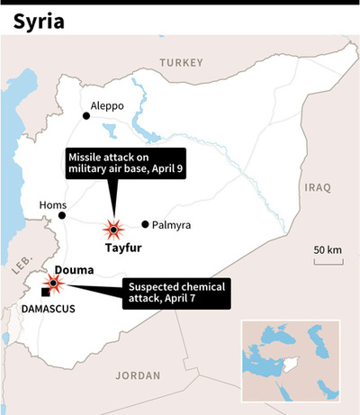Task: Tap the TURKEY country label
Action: (181, 61)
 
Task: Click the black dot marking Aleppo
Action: (86, 115)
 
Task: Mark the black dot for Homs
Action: (62, 216)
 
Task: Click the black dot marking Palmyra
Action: (146, 224)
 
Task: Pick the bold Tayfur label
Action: (122, 247)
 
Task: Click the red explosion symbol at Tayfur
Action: (113, 227)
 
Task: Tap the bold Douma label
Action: (74, 269)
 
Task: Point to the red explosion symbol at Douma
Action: (53, 284)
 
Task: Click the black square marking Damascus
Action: (45, 292)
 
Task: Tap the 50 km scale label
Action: (328, 248)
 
